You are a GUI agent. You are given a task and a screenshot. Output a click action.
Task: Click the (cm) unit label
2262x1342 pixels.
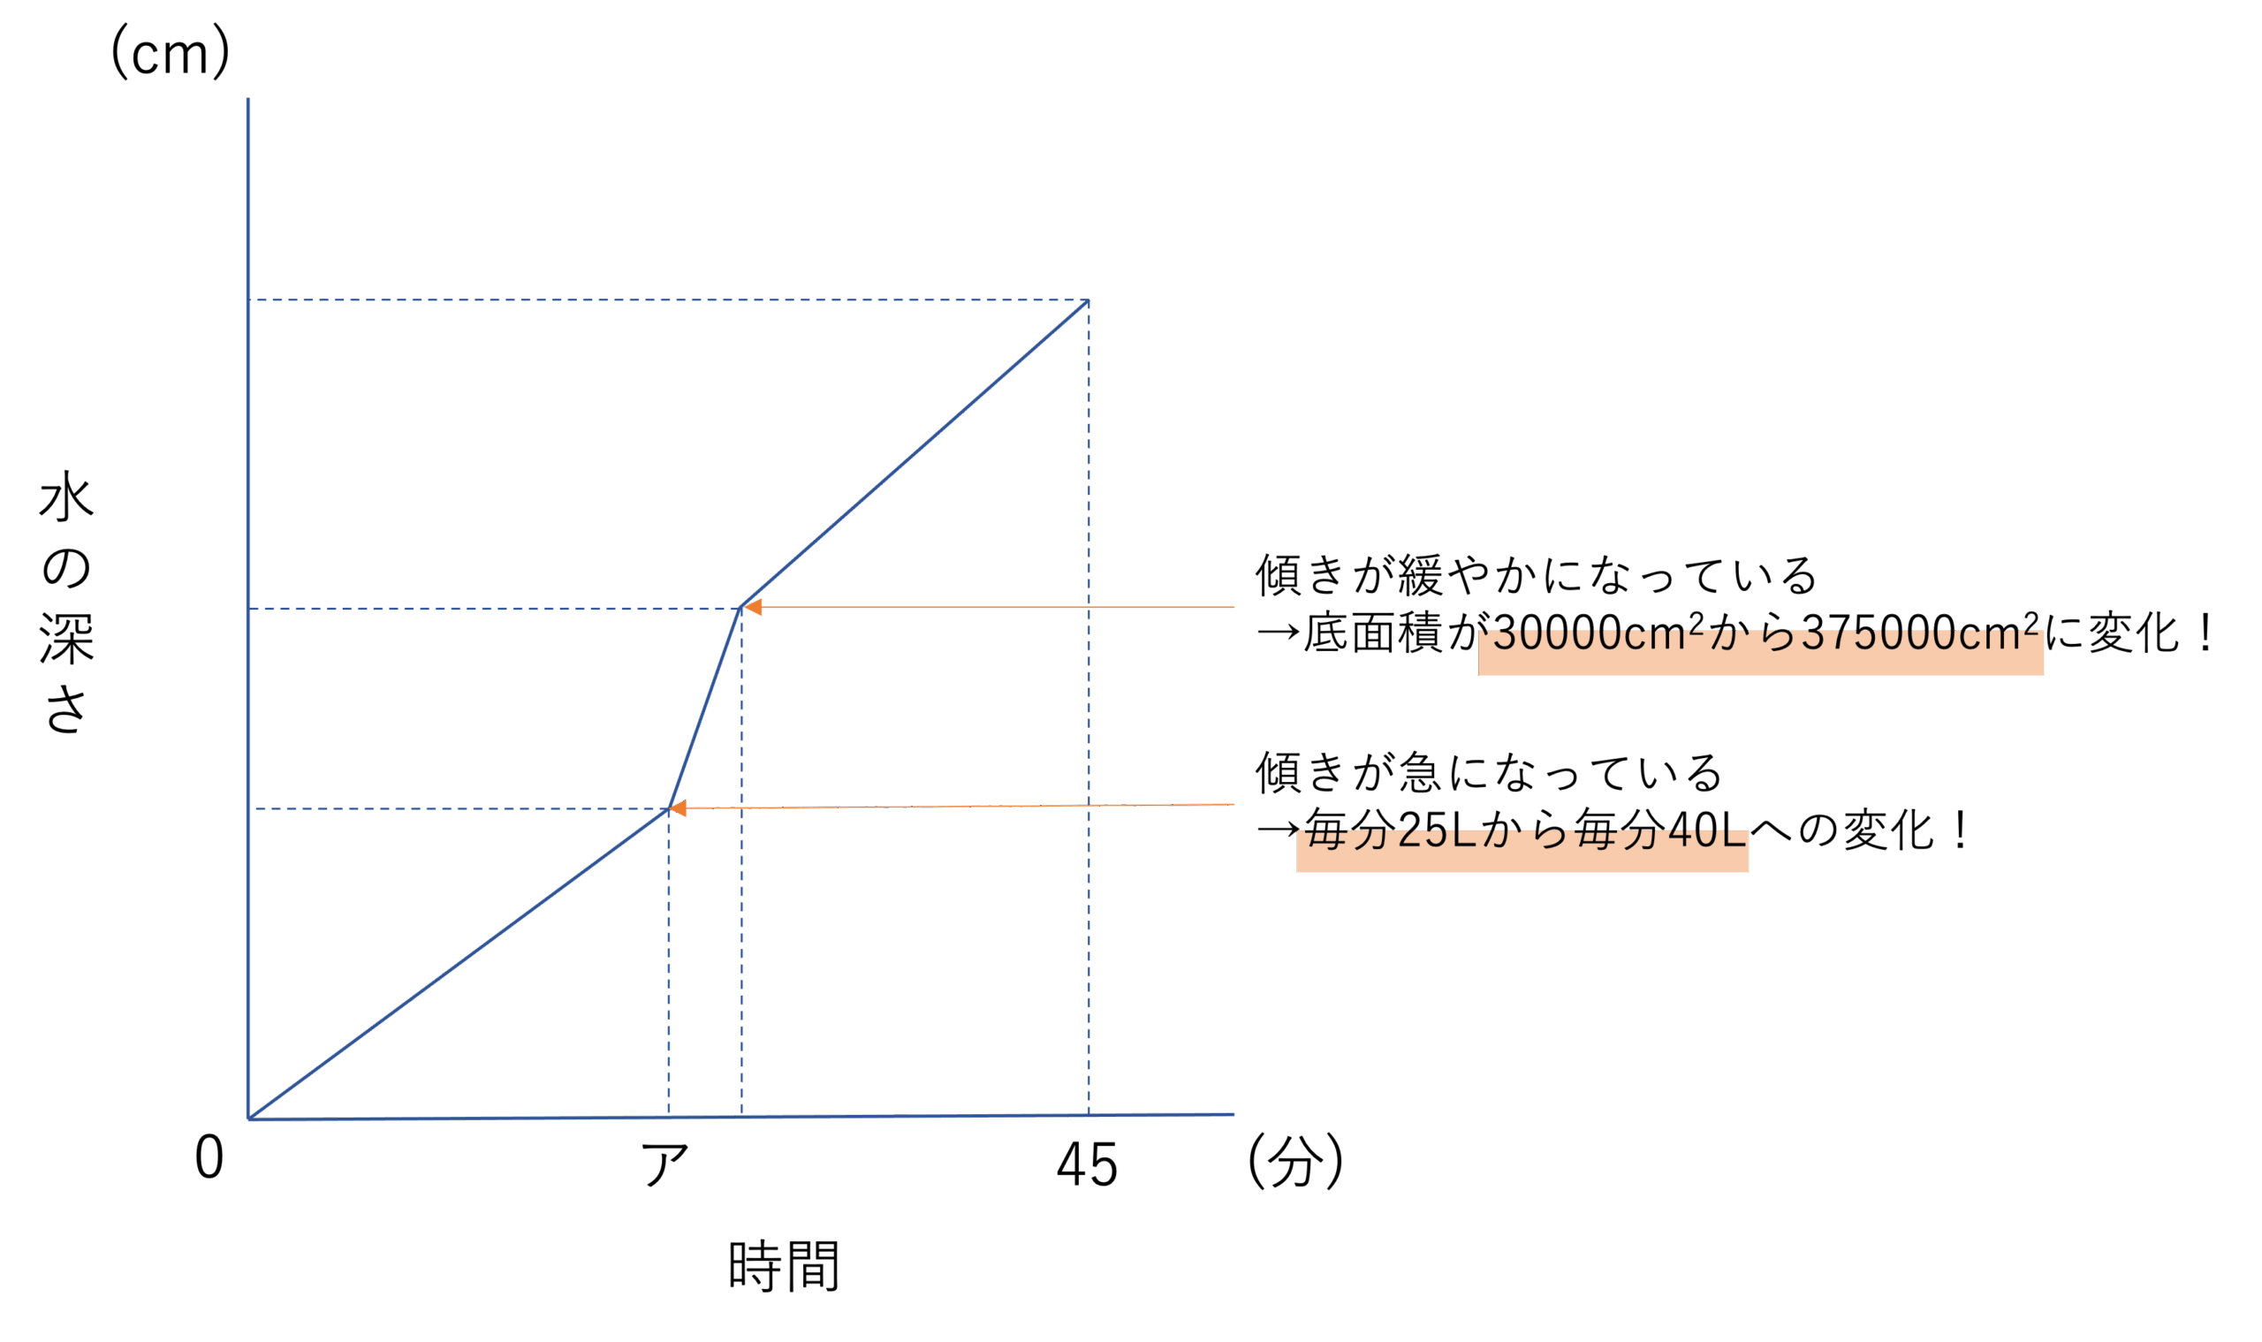pos(170,52)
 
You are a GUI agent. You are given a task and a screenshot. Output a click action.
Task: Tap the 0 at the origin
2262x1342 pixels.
pos(209,1157)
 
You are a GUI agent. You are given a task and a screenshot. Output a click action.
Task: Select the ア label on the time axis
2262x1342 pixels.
pos(665,1163)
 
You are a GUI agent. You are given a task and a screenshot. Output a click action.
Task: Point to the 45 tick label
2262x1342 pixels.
pos(1086,1164)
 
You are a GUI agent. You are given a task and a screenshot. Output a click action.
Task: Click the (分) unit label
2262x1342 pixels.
pos(1295,1161)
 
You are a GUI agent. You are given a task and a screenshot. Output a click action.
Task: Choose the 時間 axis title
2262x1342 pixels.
pos(783,1266)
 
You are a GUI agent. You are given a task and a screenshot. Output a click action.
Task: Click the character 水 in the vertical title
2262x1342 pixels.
pos(66,497)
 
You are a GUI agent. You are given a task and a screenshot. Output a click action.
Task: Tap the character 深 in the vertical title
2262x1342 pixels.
pos(66,639)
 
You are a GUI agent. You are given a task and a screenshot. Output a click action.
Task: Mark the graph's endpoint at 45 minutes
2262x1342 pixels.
pos(1088,300)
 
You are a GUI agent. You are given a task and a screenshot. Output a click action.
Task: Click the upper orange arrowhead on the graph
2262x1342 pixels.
pos(753,607)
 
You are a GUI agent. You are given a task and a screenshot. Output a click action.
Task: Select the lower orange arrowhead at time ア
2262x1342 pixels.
pos(678,807)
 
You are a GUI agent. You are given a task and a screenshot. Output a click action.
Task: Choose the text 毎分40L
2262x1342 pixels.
pos(1659,830)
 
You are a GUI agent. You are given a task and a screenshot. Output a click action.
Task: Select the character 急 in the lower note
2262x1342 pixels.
pos(1418,773)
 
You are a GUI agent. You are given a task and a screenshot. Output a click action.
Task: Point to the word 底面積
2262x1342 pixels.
pos(1373,633)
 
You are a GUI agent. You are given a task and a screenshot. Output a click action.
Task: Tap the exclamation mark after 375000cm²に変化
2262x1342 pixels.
pos(2207,633)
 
